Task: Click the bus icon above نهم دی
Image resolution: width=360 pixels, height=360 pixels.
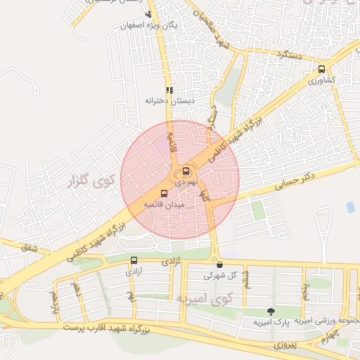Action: coord(186,171)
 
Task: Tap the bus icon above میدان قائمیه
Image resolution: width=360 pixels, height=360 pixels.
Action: coord(165,194)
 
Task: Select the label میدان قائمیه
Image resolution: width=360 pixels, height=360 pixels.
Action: coord(164,205)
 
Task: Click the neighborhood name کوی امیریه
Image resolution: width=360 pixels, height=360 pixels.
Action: coord(185,300)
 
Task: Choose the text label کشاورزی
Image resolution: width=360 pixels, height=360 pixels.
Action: coord(321,81)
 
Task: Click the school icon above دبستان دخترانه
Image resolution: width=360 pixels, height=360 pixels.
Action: coord(169,90)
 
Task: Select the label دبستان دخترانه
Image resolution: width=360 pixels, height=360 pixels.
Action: coord(169,101)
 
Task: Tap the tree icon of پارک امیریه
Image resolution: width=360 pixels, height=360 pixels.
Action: coord(271,311)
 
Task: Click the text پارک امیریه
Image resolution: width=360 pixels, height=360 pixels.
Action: coord(271,322)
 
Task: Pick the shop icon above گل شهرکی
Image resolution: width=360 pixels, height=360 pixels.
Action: coord(220,265)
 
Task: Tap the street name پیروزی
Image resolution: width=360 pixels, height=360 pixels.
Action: coord(286,345)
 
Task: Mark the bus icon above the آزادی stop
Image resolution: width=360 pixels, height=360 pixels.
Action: coord(134,260)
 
